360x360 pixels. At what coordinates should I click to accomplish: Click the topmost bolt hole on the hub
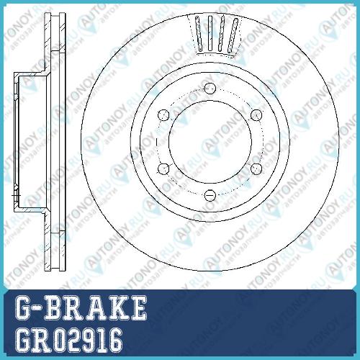(x=210, y=89)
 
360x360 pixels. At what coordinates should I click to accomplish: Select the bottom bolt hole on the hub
(x=210, y=195)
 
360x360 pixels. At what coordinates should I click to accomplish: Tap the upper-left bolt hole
(x=163, y=115)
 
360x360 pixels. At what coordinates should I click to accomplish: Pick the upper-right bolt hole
(x=256, y=115)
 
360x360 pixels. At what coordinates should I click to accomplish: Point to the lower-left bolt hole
(x=163, y=168)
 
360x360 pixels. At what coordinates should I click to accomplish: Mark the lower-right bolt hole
(x=256, y=168)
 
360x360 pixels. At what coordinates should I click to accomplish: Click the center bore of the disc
(x=210, y=142)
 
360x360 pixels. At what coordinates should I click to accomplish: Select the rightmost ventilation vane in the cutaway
(x=233, y=35)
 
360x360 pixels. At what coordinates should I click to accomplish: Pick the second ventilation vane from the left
(x=210, y=33)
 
